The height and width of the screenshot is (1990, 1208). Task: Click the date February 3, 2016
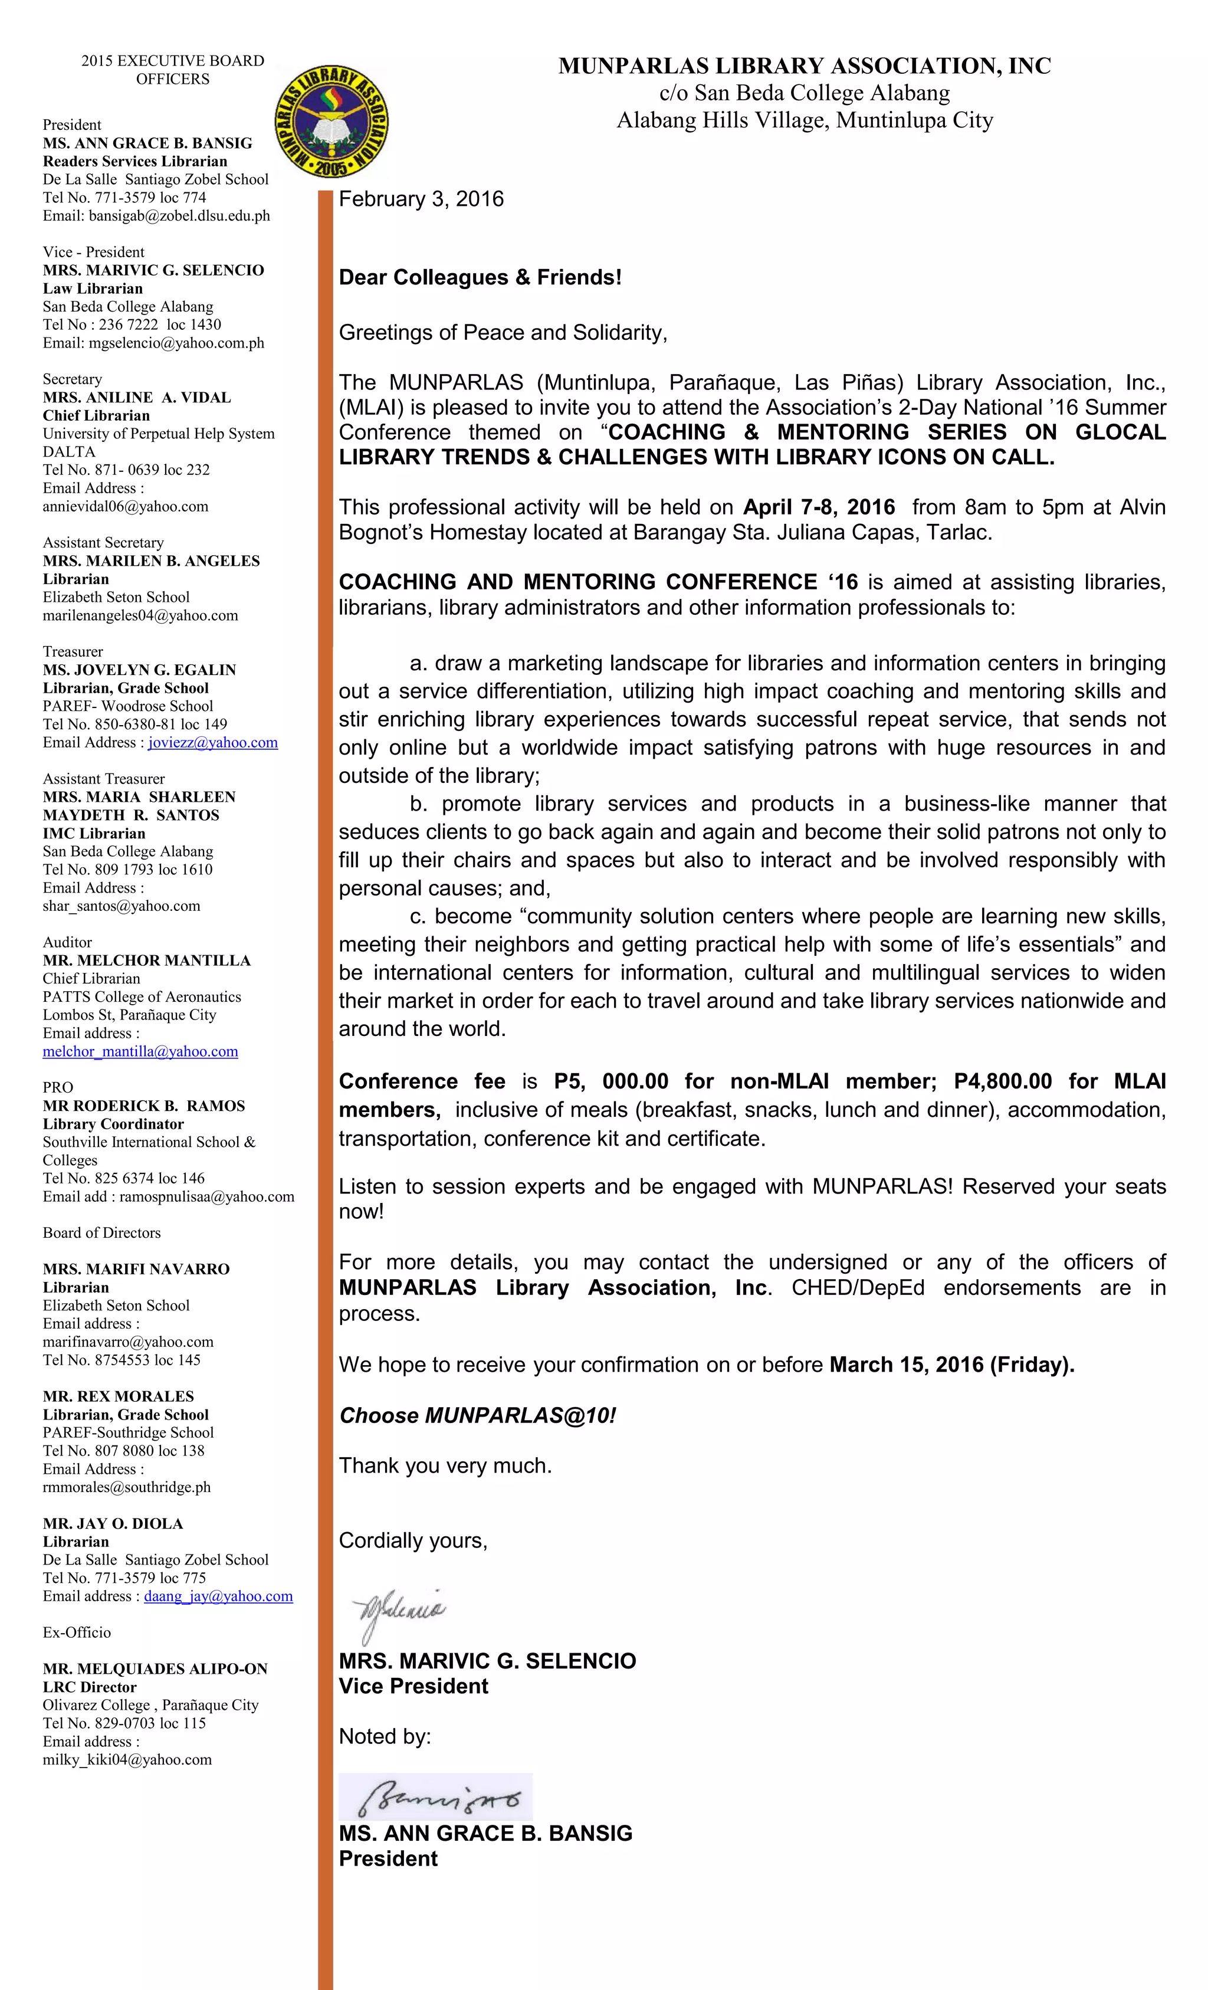(x=421, y=199)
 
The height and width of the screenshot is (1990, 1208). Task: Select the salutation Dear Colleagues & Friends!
(x=480, y=277)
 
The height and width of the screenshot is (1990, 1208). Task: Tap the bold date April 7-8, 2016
(x=818, y=507)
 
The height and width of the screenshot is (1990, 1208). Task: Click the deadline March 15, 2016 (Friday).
(x=951, y=1365)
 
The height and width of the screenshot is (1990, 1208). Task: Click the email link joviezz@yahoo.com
(x=212, y=742)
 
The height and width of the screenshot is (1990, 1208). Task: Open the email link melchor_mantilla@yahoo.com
(x=140, y=1051)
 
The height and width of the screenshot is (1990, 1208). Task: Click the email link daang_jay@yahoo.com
(x=218, y=1596)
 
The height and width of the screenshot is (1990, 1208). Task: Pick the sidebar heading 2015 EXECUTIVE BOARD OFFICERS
(x=172, y=70)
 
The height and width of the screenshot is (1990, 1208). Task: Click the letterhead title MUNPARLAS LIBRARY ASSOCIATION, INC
(x=805, y=66)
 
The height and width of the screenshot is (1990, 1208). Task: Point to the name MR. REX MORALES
(x=118, y=1396)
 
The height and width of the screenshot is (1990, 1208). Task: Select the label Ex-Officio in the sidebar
(x=77, y=1632)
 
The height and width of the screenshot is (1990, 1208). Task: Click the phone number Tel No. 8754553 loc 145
(x=121, y=1360)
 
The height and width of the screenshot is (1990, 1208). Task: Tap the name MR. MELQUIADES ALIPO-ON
(x=155, y=1668)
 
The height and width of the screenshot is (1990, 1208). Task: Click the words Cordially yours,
(x=413, y=1540)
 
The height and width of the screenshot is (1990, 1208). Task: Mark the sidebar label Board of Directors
(x=101, y=1232)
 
